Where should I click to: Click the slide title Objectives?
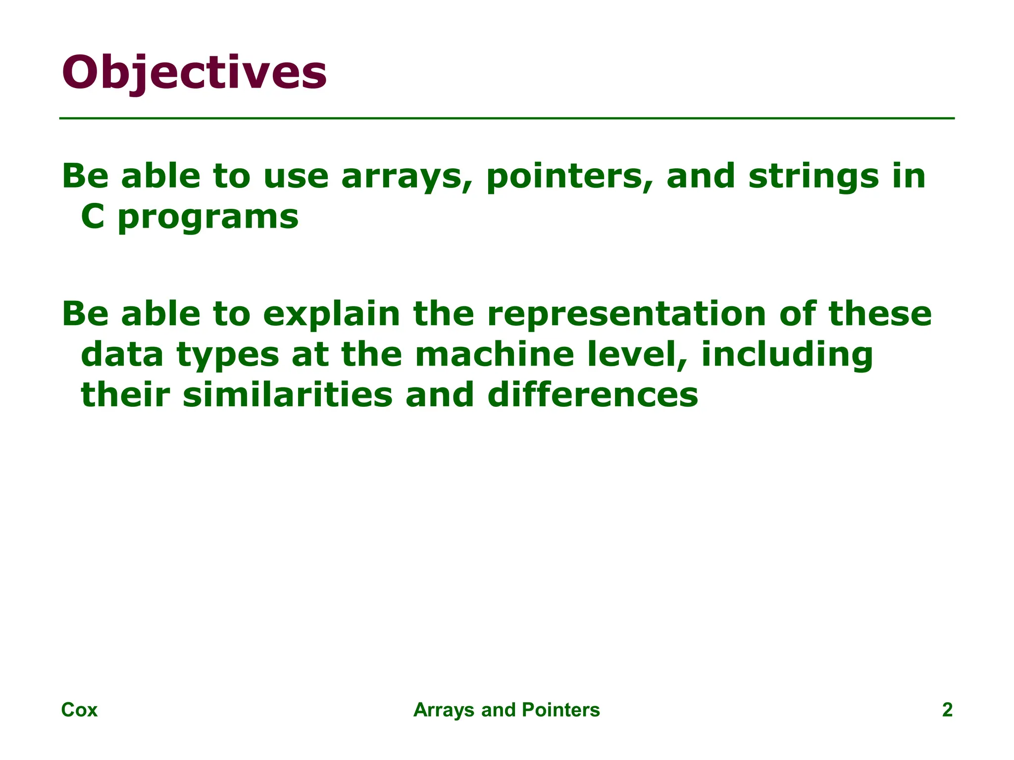coord(194,73)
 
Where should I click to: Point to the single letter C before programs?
coord(93,217)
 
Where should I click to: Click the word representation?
coord(627,315)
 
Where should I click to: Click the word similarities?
coord(288,395)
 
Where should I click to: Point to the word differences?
coord(593,395)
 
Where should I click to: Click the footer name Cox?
coord(79,710)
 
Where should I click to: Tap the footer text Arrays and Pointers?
coord(507,710)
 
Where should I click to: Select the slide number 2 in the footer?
coord(947,710)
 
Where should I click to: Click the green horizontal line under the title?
coord(507,118)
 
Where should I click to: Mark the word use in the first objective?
coord(296,177)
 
